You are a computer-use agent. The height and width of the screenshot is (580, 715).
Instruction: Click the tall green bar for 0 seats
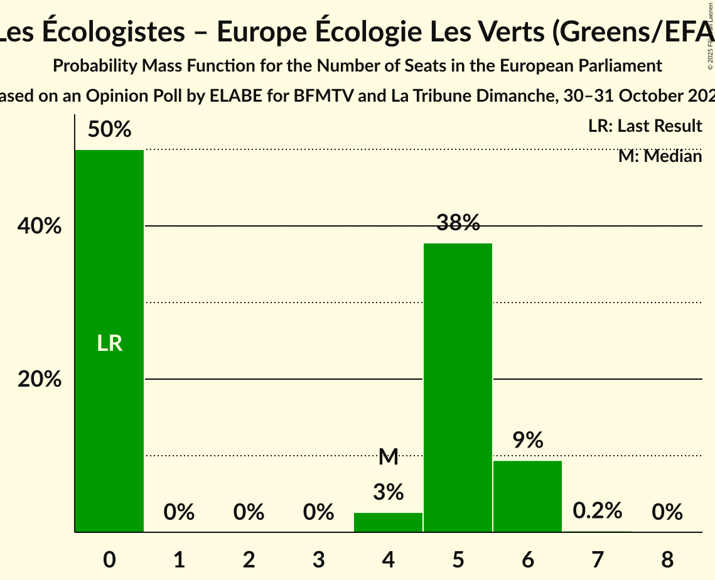(109, 341)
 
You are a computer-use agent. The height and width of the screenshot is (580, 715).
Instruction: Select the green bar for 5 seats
(458, 387)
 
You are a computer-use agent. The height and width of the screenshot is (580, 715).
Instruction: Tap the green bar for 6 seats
(527, 496)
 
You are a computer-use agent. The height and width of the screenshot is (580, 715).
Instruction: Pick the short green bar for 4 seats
(388, 522)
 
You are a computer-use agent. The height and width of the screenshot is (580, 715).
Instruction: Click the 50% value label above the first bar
(109, 130)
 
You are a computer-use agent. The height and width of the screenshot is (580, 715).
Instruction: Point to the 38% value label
(458, 222)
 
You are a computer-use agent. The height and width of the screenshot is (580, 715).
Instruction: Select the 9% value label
(527, 441)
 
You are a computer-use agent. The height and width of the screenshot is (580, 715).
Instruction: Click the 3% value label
(388, 492)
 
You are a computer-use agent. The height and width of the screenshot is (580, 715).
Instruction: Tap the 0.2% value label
(597, 511)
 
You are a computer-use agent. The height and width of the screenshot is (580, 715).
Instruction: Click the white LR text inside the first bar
(109, 343)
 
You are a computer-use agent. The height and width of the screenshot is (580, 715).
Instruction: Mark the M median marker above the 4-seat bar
(389, 457)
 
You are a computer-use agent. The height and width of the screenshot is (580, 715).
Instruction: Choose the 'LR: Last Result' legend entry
(645, 126)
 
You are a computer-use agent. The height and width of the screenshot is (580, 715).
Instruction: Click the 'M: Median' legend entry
(660, 156)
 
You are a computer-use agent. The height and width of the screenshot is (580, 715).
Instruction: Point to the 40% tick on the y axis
(39, 226)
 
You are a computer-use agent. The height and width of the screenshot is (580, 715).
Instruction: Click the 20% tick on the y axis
(39, 379)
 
